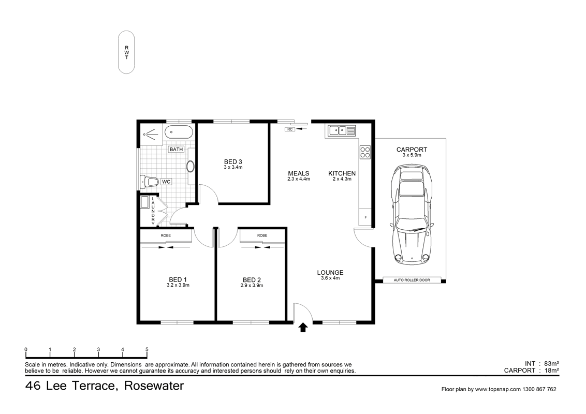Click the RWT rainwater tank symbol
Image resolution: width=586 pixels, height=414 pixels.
(126, 52)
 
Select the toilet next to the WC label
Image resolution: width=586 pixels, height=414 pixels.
(149, 182)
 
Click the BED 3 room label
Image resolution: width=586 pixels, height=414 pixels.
(233, 161)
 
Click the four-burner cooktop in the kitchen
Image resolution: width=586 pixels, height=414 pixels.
(365, 152)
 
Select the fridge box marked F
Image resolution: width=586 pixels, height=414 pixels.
(365, 217)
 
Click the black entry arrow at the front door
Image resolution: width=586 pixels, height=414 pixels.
(303, 327)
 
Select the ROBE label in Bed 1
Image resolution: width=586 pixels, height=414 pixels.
(166, 235)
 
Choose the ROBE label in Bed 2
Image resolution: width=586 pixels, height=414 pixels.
(262, 235)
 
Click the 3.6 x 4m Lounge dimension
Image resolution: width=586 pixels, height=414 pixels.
(330, 278)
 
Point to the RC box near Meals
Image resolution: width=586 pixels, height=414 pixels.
(290, 129)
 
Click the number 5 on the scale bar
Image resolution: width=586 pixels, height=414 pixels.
(147, 350)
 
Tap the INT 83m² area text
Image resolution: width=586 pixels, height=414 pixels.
(541, 363)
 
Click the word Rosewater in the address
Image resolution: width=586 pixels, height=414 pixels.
(154, 386)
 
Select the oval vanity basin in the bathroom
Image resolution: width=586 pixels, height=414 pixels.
(191, 167)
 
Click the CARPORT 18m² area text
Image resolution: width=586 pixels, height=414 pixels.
(531, 371)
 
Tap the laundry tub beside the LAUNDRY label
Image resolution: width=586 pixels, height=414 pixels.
(145, 202)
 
